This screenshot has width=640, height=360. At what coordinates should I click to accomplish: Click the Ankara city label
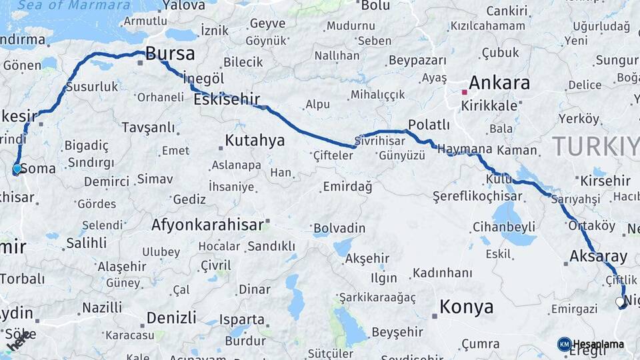tap(499, 83)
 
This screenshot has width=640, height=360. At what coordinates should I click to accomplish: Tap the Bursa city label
tap(170, 54)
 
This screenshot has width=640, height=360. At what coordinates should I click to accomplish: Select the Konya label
tap(467, 307)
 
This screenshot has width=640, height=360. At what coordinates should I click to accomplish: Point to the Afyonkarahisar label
tap(207, 225)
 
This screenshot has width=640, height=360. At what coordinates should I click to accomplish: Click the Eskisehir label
tap(227, 100)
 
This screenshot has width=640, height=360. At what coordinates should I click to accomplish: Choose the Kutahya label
tap(255, 141)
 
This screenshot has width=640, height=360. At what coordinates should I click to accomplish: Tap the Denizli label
tap(171, 317)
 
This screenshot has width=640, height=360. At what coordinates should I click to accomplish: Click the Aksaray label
tap(598, 257)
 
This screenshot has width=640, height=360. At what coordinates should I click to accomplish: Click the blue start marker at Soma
tap(17, 169)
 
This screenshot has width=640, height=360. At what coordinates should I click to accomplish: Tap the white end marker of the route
tap(620, 302)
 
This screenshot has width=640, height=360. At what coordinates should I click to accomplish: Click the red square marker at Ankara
tap(464, 92)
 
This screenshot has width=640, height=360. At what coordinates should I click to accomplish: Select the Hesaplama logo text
tap(598, 345)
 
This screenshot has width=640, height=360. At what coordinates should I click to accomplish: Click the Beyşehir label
tap(397, 331)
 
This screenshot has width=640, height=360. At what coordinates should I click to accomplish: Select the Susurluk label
tap(92, 87)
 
